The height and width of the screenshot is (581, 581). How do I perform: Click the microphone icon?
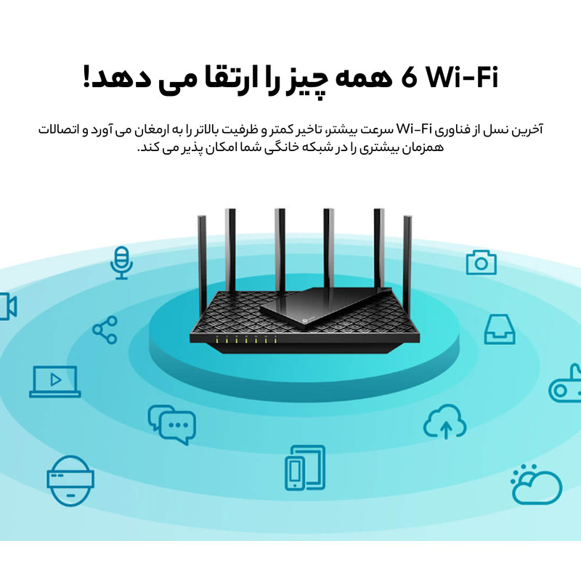tap(121, 263)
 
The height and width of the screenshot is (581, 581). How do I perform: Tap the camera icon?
tap(481, 262)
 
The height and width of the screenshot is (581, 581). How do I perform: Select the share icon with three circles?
tap(105, 330)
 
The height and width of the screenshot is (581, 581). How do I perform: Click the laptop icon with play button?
tap(55, 382)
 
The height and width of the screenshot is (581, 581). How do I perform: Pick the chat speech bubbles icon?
tap(171, 425)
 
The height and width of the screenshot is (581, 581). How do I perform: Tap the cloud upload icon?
tap(445, 422)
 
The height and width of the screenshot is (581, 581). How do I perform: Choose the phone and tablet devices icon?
tap(305, 467)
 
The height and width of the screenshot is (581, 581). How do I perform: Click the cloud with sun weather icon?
tap(536, 484)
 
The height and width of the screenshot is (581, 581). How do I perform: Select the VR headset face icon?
tap(70, 481)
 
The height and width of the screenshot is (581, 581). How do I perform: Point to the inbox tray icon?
tap(500, 329)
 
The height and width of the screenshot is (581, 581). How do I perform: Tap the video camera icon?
tap(8, 306)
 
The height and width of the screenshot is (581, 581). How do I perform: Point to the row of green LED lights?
tap(246, 338)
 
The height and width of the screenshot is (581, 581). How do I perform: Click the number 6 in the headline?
tap(409, 78)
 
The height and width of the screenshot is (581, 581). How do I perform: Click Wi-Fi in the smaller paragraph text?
tap(415, 129)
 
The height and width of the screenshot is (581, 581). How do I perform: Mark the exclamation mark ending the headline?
tap(86, 76)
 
